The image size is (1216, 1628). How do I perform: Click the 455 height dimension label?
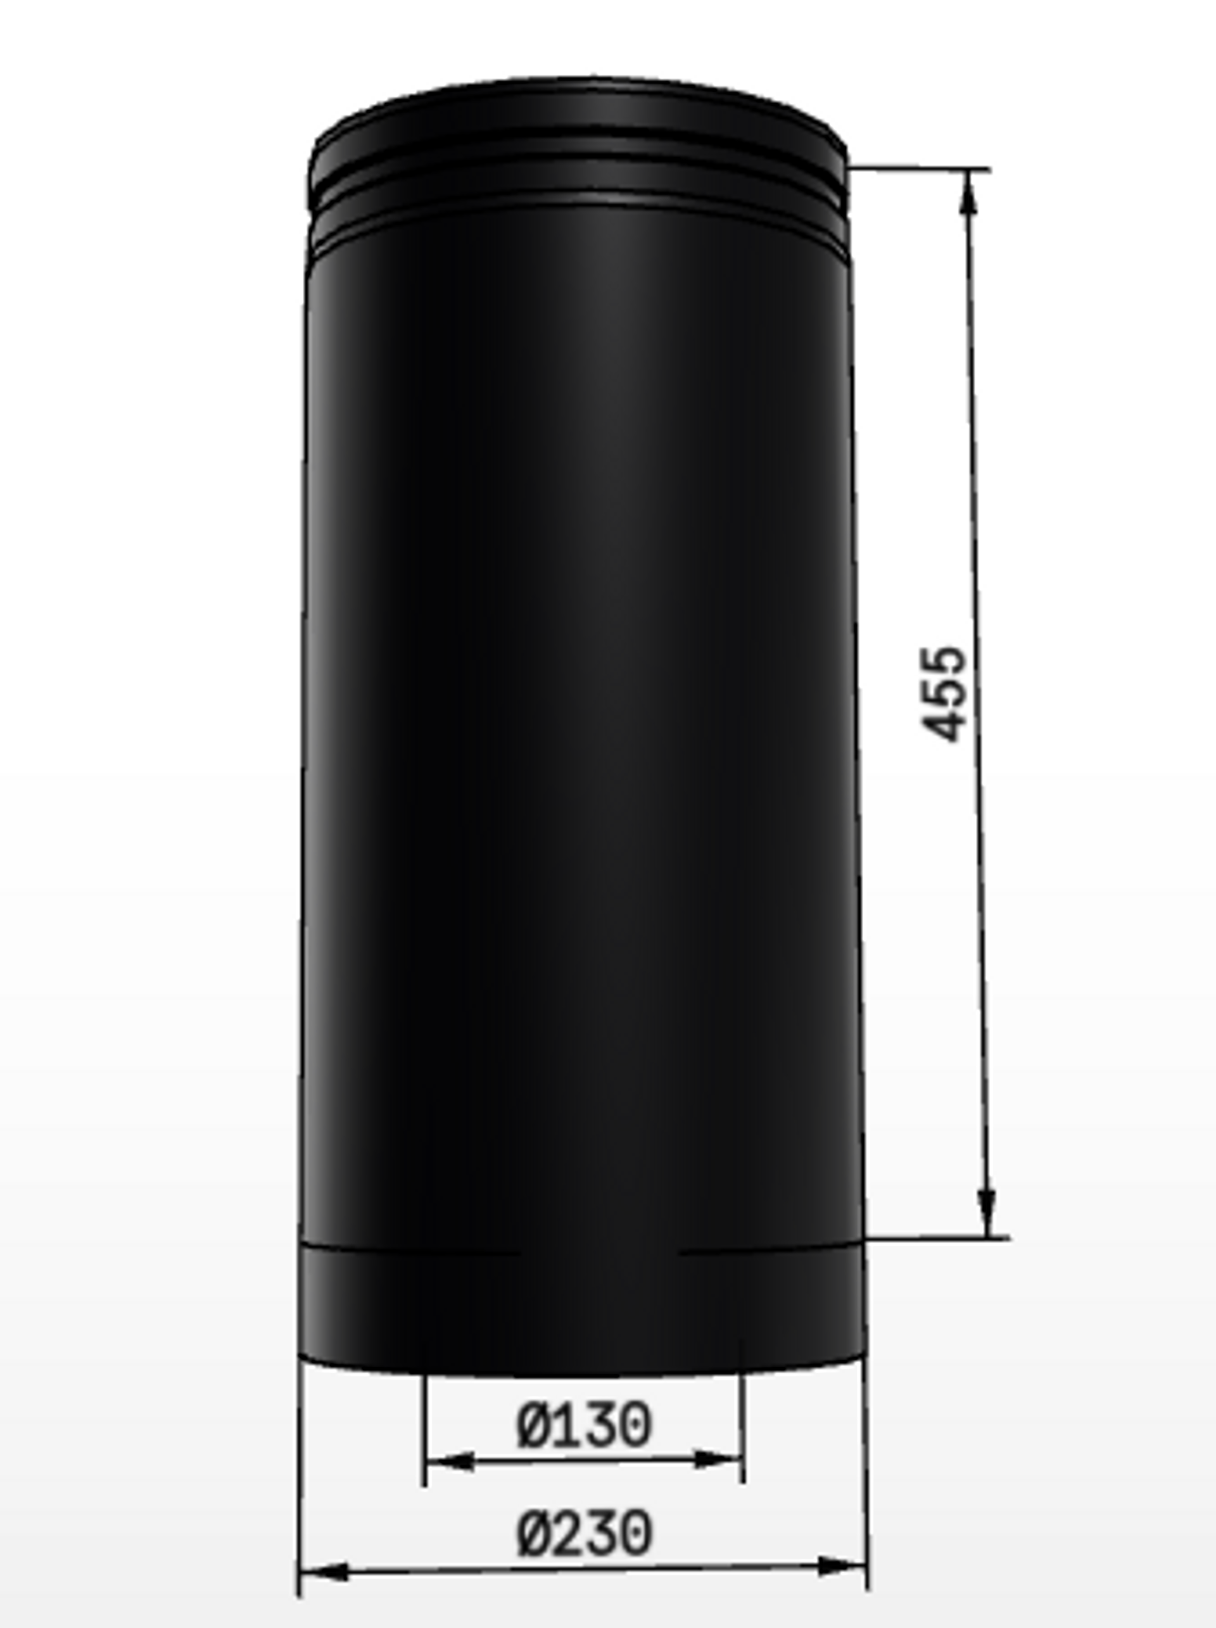coord(944,693)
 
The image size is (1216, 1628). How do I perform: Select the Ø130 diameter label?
coord(585,1425)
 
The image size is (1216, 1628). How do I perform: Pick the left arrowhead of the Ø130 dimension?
coord(450,1461)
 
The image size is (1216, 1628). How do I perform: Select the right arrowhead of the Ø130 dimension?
coord(718,1459)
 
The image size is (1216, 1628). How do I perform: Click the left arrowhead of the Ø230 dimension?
coord(324,1573)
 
